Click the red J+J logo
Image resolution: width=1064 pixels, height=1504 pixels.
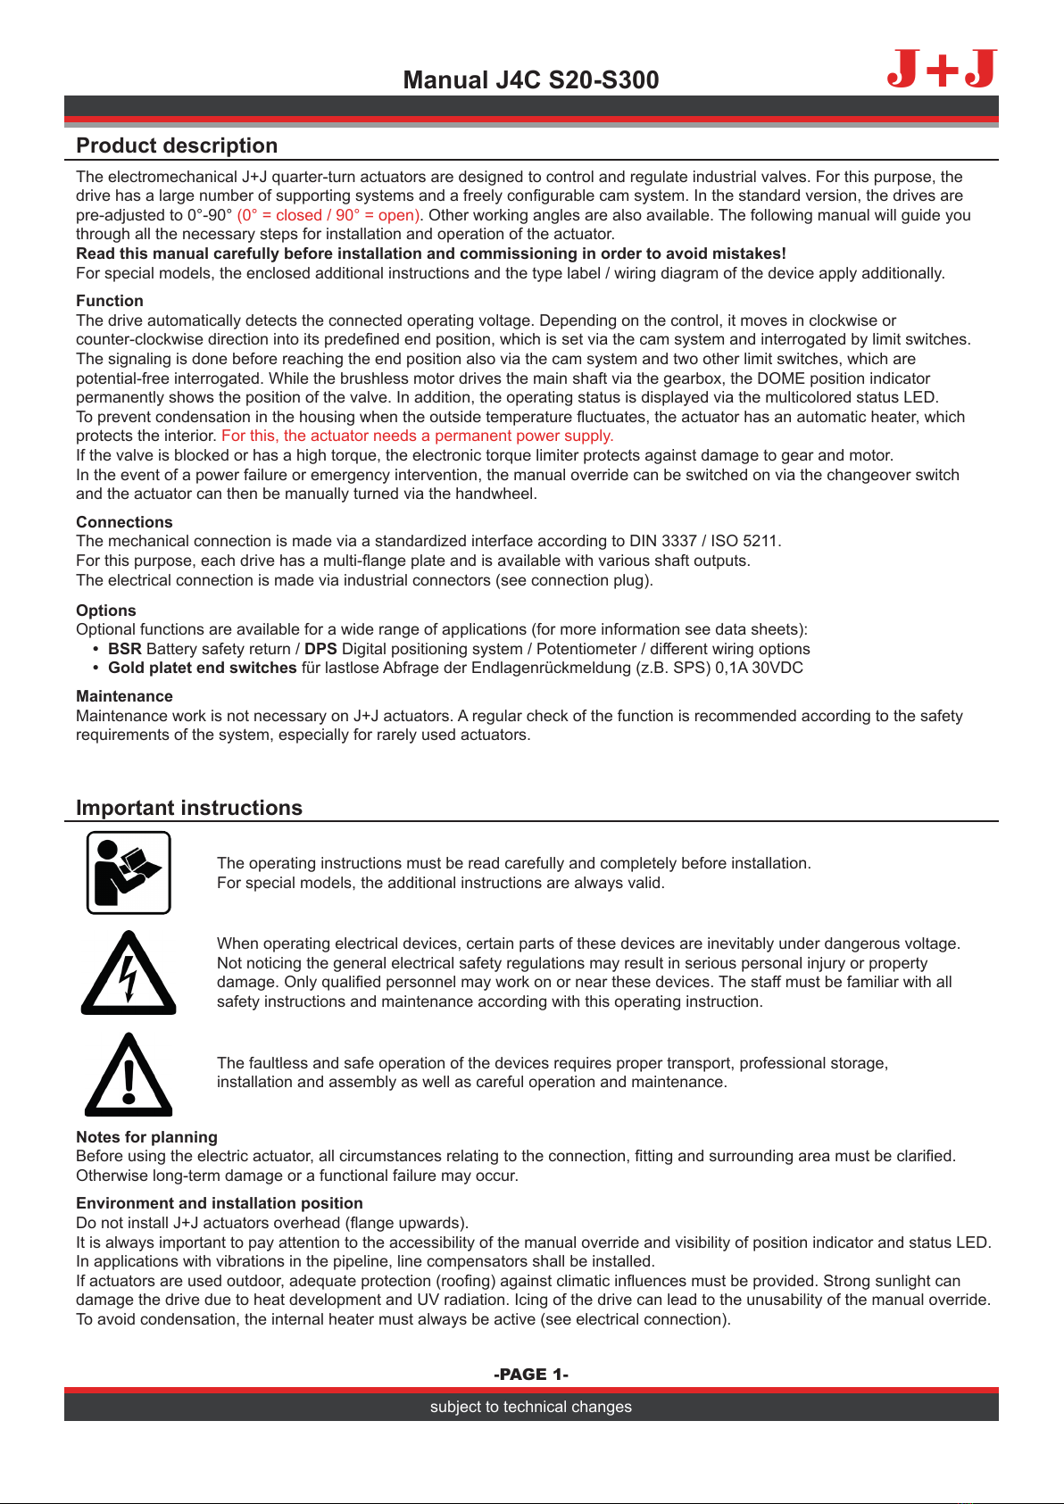pyautogui.click(x=942, y=69)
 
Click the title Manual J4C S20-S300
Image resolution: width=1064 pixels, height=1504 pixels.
pyautogui.click(x=531, y=80)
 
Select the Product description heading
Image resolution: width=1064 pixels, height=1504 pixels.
pyautogui.click(x=177, y=145)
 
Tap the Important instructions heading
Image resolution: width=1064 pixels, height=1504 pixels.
pyautogui.click(x=189, y=808)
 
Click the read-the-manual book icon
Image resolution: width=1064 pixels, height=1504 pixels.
pyautogui.click(x=129, y=873)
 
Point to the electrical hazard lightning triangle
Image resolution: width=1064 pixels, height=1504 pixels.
pyautogui.click(x=129, y=974)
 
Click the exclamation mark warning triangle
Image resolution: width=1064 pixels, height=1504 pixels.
pyautogui.click(x=129, y=1076)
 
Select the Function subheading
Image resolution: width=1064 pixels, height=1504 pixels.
pyautogui.click(x=110, y=301)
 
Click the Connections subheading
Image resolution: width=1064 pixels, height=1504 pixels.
pyautogui.click(x=124, y=522)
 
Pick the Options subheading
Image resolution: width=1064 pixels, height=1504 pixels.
pyautogui.click(x=106, y=611)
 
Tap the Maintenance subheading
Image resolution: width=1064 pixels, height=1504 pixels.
pyautogui.click(x=124, y=696)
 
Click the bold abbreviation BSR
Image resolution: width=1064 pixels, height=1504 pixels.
pyautogui.click(x=125, y=649)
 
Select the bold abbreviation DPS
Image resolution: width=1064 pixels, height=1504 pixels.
pyautogui.click(x=320, y=649)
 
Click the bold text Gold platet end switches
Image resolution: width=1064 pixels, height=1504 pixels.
pyautogui.click(x=203, y=668)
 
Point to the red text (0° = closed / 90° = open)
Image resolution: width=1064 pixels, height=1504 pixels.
pyautogui.click(x=329, y=215)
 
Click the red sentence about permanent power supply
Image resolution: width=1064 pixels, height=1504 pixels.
pyautogui.click(x=418, y=436)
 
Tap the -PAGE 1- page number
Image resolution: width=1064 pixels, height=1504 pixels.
pyautogui.click(x=531, y=1375)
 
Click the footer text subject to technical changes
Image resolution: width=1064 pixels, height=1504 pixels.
pyautogui.click(x=531, y=1407)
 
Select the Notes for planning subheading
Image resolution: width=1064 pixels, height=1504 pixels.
pyautogui.click(x=146, y=1137)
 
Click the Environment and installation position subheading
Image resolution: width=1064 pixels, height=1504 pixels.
pyautogui.click(x=220, y=1203)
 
